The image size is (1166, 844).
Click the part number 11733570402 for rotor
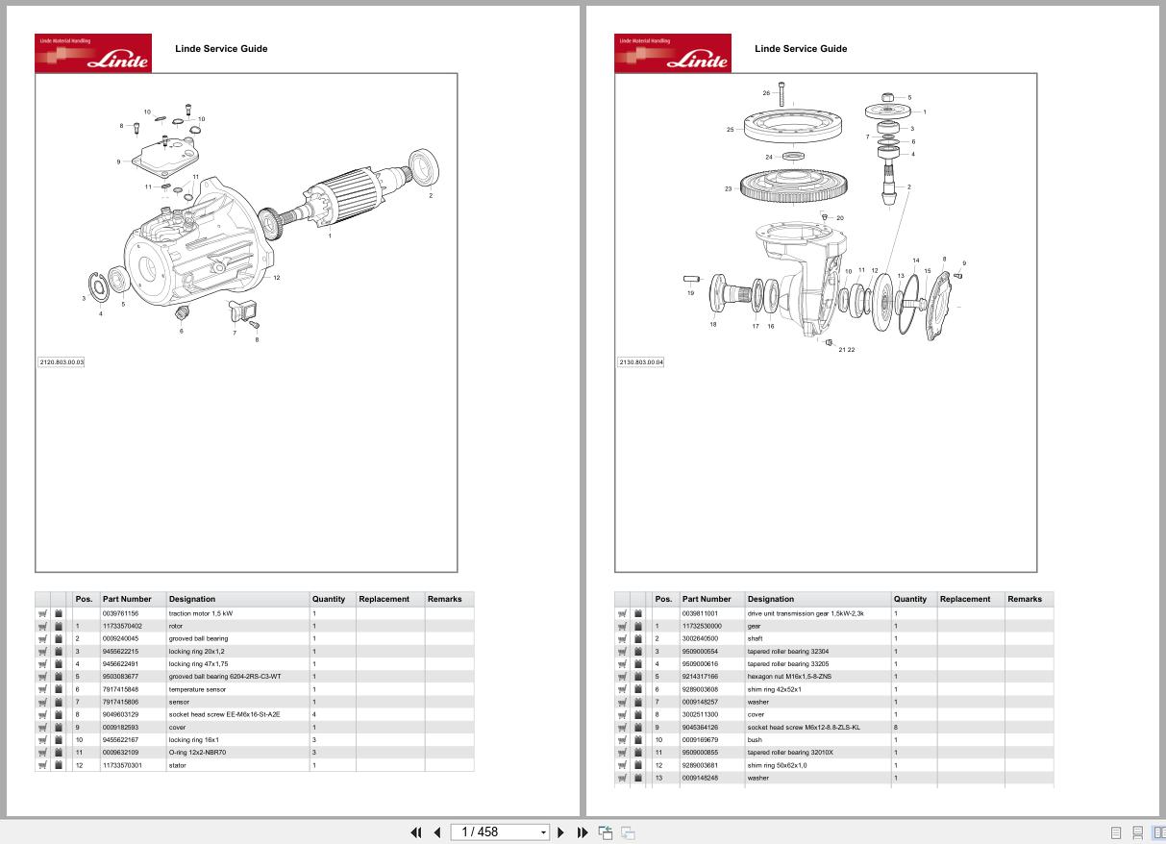pyautogui.click(x=122, y=626)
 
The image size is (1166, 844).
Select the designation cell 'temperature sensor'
pyautogui.click(x=197, y=689)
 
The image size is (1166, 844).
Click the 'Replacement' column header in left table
pyautogui.click(x=384, y=599)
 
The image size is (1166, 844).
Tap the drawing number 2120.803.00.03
pyautogui.click(x=62, y=362)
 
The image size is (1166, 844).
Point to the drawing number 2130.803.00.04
pyautogui.click(x=640, y=362)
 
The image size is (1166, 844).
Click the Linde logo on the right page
pyautogui.click(x=673, y=54)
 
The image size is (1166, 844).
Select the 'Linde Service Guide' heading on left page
pyautogui.click(x=221, y=48)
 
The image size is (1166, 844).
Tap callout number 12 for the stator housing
pyautogui.click(x=276, y=278)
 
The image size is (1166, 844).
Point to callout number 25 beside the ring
pyautogui.click(x=731, y=130)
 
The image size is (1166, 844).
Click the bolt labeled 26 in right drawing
pyautogui.click(x=782, y=94)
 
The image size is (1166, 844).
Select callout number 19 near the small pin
pyautogui.click(x=690, y=293)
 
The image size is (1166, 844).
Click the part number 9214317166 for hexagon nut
pyautogui.click(x=701, y=677)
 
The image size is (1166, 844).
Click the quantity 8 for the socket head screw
pyautogui.click(x=896, y=728)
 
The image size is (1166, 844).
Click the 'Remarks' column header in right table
pyautogui.click(x=1024, y=599)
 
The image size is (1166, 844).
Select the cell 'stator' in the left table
pyautogui.click(x=176, y=766)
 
